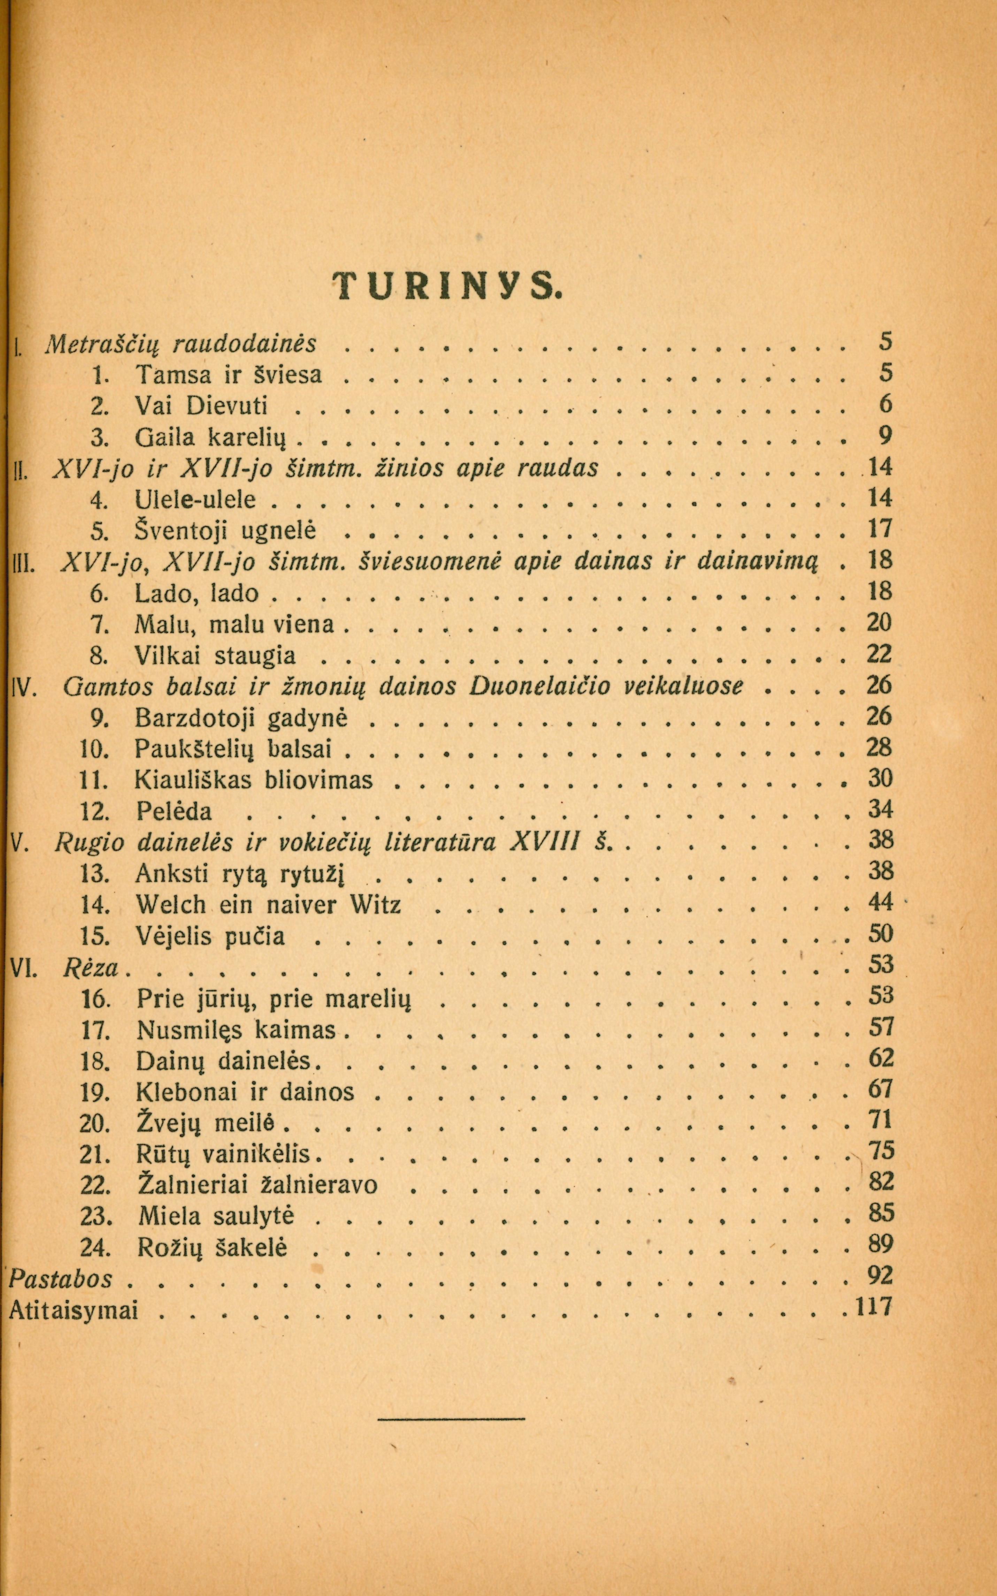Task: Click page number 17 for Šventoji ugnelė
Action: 880,529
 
